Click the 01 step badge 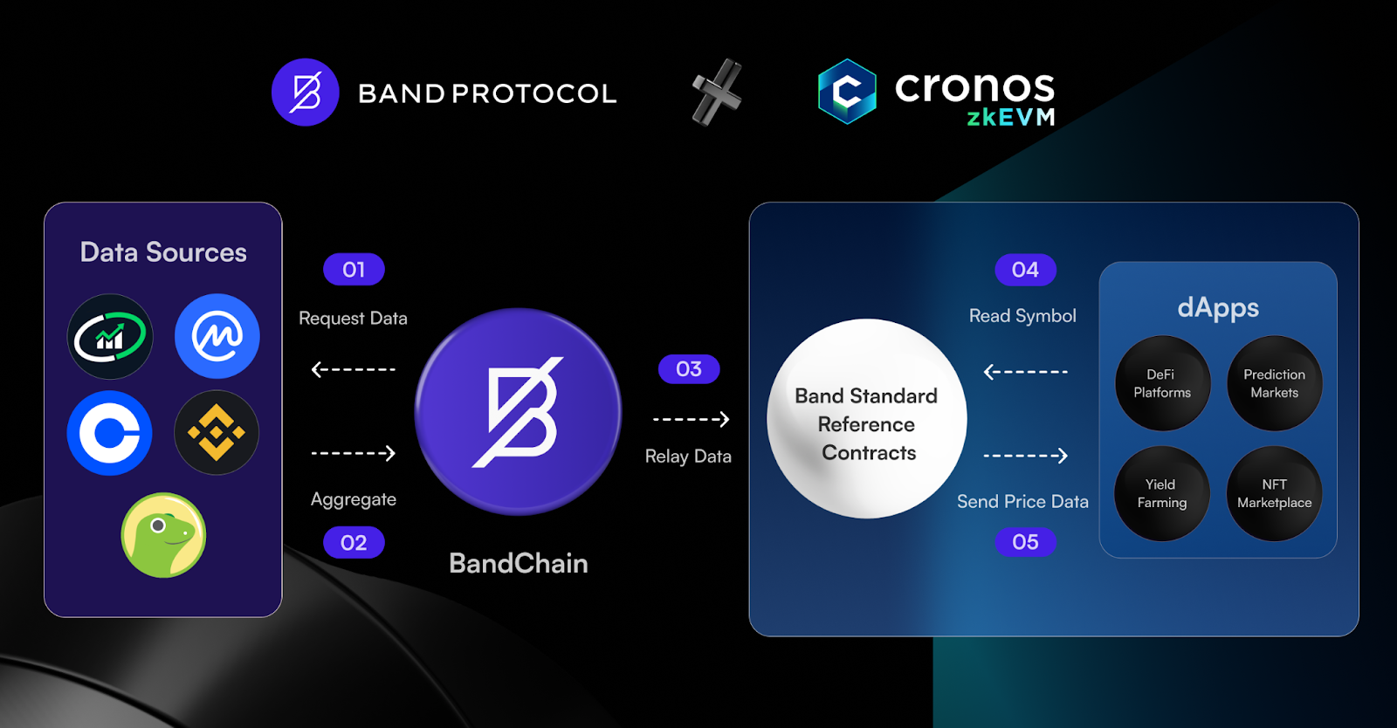pos(354,269)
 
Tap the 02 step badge pos(354,542)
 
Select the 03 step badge pos(689,368)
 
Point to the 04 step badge pos(1025,269)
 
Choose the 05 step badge pos(1025,542)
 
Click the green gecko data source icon pos(163,535)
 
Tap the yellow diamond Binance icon pos(217,433)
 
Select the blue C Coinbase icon pos(110,433)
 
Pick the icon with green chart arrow pos(110,337)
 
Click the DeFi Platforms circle pos(1162,383)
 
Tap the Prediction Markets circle pos(1274,383)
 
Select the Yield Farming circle pos(1162,493)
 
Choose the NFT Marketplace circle pos(1274,493)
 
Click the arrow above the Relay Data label pos(691,419)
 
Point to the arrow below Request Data pos(353,369)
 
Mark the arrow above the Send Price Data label pos(1025,456)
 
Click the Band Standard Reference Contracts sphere pos(867,418)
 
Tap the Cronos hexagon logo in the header pos(847,92)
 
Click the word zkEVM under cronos pos(1010,117)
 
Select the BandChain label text pos(519,563)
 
